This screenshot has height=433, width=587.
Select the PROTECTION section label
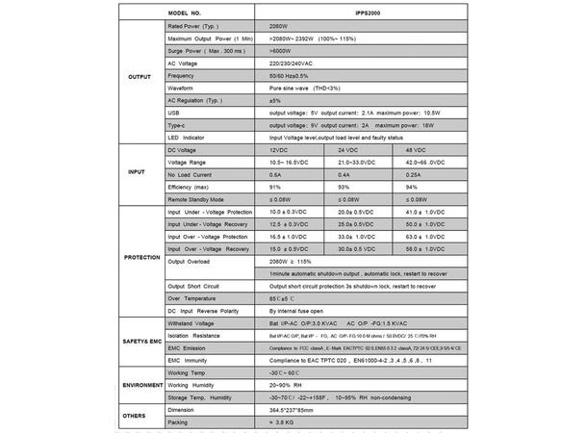click(x=140, y=258)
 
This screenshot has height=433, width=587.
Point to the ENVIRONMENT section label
click(x=139, y=383)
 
